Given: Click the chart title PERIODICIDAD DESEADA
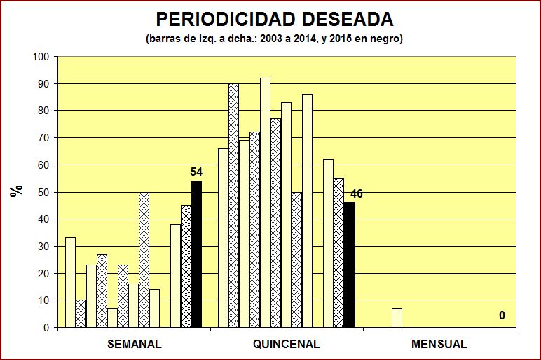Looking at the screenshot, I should point(274,19).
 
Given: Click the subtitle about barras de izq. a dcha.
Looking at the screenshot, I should point(274,39).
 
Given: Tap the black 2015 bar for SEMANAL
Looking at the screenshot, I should point(196,254).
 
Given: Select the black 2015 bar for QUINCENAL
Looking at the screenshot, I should point(349,265).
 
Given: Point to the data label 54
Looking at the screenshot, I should point(196,172).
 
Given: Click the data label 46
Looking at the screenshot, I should point(357,194).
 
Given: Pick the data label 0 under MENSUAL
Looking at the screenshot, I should point(502,316).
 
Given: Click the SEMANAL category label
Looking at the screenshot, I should point(135,345).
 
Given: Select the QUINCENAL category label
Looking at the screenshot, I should point(286,345).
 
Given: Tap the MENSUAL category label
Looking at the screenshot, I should point(439,345).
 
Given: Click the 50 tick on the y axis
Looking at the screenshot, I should point(43,192).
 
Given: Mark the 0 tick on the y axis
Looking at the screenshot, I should point(46,328).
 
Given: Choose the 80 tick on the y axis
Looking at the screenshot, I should point(43,111).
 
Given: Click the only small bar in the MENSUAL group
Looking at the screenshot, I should point(397,318).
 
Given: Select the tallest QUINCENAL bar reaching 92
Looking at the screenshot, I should point(265,203).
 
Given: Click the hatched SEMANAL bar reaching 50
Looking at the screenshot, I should point(144,259).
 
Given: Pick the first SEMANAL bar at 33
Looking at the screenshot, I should point(70,282).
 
